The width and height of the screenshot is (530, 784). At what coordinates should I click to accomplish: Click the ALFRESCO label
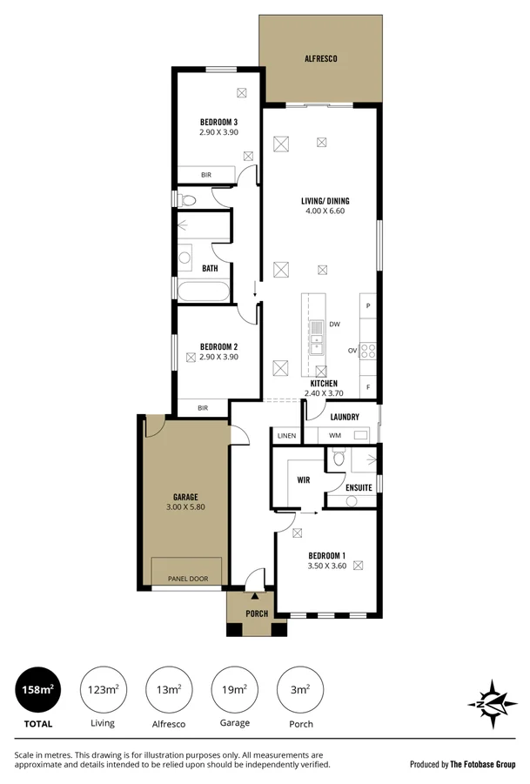(320, 59)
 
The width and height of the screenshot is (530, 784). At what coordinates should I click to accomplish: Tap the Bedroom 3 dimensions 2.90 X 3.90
(218, 132)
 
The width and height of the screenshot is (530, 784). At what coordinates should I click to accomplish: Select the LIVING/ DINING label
(326, 201)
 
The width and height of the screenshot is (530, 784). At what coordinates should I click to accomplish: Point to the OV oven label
(353, 351)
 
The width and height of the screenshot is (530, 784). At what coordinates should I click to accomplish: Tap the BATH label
(210, 269)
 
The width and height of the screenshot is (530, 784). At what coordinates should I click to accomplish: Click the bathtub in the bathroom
(204, 291)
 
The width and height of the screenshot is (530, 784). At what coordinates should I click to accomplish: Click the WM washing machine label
(334, 435)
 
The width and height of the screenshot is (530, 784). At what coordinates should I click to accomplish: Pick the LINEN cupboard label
(286, 435)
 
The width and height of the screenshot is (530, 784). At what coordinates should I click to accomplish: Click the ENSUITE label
(359, 488)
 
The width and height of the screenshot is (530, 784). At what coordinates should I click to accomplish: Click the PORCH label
(256, 613)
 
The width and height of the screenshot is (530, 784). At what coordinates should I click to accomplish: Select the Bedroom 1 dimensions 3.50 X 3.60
(326, 566)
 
